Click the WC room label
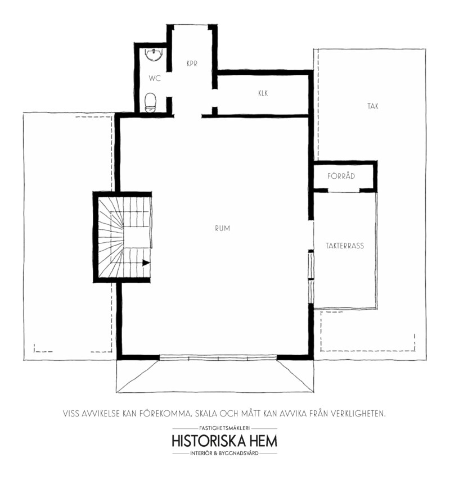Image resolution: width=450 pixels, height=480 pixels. point(155,78)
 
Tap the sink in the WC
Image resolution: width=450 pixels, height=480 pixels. point(153,55)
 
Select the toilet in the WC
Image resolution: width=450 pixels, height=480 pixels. point(150,102)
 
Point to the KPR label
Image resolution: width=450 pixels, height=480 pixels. point(192,64)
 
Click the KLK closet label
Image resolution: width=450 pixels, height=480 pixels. point(263,93)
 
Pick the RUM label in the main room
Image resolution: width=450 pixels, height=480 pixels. point(222,228)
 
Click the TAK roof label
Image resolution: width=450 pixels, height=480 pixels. point(373,106)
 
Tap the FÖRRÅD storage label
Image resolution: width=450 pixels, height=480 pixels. point(341,176)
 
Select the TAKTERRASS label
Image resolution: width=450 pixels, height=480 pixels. point(345,246)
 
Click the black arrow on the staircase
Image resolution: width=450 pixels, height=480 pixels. point(146,262)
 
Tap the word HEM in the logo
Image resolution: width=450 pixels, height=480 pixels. point(264,441)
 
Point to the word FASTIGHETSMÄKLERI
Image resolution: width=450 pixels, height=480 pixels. point(224,428)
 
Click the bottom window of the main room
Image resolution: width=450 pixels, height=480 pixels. point(218,357)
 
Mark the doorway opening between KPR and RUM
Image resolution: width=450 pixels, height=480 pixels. point(188,116)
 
